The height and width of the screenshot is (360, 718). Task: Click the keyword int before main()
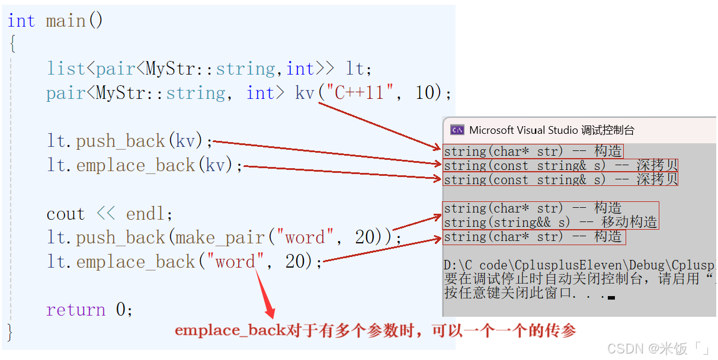21,21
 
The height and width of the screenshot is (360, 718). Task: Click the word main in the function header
66,21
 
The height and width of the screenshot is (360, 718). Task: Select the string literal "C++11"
360,92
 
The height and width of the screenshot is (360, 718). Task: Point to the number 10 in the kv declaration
425,92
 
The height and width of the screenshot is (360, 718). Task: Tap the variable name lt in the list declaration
355,69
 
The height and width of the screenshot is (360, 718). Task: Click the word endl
146,214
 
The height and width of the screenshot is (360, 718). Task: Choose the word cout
66,214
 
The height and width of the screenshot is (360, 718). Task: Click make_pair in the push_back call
220,238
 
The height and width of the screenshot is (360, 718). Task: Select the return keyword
76,310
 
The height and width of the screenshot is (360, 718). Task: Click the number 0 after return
120,310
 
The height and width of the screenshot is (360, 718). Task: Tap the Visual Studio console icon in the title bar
457,130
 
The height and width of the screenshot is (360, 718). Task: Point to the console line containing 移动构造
550,222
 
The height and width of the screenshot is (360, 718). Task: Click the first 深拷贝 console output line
561,166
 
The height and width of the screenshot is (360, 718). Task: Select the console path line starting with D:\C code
579,265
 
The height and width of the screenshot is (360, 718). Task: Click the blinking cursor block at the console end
611,298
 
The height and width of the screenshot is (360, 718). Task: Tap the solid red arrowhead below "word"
270,310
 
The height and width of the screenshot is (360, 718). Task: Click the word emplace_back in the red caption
230,330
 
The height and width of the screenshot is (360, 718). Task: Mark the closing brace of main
10,332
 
